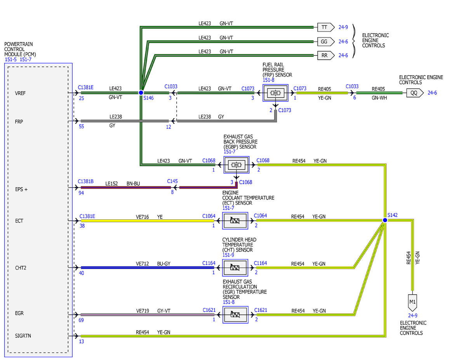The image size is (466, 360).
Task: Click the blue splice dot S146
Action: [x=141, y=93]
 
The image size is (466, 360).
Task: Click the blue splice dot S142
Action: [x=385, y=220]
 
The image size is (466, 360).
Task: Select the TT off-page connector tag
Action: [x=326, y=27]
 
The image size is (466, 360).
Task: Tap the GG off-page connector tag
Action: [x=326, y=42]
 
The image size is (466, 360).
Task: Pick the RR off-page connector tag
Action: [x=326, y=55]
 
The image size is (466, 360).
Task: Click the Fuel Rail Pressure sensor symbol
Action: [x=275, y=93]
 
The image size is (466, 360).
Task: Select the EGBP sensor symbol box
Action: [x=236, y=165]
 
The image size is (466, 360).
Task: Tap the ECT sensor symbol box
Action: [x=235, y=221]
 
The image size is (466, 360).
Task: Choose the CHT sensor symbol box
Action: [x=235, y=268]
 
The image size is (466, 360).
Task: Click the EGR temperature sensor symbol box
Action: [x=235, y=315]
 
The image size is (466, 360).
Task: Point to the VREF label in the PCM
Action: [x=20, y=93]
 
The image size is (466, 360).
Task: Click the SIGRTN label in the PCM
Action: [x=23, y=336]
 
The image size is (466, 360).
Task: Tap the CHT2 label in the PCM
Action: [x=21, y=268]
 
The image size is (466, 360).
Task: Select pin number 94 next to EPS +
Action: [x=81, y=193]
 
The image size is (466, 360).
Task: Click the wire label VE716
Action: [x=142, y=217]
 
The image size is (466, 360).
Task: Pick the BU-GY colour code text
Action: [x=163, y=264]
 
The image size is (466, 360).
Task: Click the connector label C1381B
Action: [x=85, y=181]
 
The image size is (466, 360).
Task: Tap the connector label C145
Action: [x=172, y=181]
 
